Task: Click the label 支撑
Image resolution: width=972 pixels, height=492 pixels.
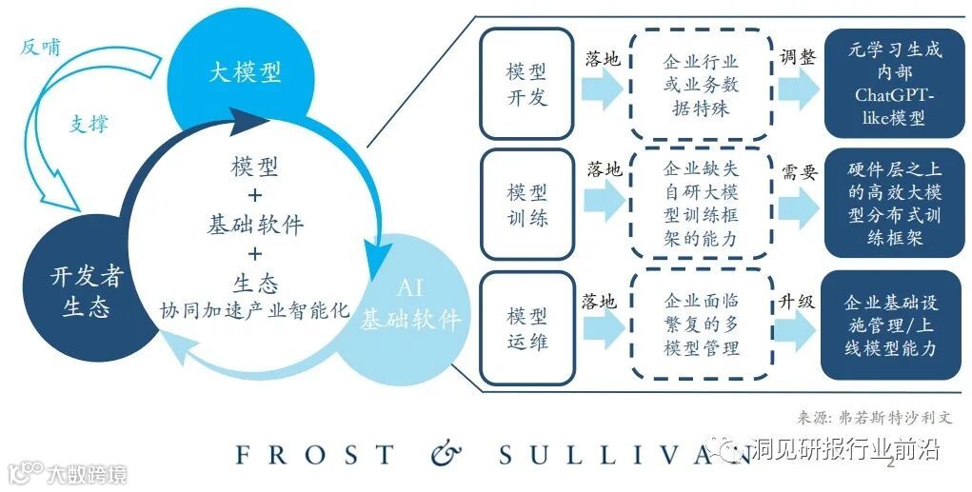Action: click(89, 124)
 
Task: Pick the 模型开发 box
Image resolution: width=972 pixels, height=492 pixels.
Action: click(526, 84)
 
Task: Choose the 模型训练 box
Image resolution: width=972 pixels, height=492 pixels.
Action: click(526, 204)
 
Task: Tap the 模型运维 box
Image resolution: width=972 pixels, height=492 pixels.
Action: click(526, 326)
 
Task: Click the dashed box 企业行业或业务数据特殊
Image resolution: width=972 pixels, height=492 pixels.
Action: click(701, 84)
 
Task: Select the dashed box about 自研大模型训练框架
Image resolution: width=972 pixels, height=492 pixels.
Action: click(701, 204)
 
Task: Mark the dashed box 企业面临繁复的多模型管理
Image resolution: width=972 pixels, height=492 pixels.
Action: click(701, 325)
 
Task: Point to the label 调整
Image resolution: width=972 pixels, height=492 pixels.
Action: click(798, 57)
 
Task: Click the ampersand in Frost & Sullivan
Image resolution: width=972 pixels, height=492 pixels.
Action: click(445, 455)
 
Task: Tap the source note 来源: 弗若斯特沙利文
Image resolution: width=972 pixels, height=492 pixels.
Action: click(874, 417)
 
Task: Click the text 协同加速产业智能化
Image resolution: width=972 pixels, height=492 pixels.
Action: click(255, 310)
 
